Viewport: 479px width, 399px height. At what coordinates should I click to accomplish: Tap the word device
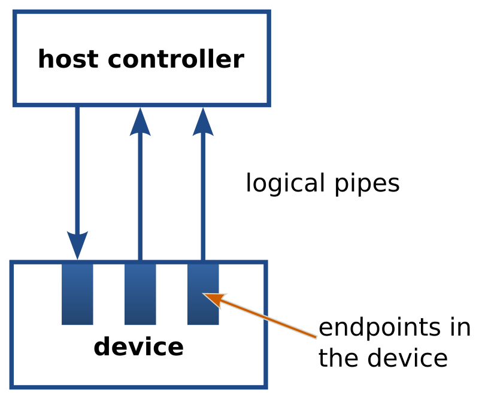click(138, 347)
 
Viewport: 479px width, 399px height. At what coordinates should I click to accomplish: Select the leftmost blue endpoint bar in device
click(77, 294)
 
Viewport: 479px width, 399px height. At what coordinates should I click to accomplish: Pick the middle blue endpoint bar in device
click(140, 294)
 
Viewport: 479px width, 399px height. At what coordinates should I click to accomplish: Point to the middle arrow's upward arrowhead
click(140, 122)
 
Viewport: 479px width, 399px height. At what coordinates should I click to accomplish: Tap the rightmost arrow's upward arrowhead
click(203, 122)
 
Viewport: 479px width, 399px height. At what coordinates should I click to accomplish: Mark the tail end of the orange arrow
click(315, 337)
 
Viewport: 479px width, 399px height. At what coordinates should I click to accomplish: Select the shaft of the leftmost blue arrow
click(77, 173)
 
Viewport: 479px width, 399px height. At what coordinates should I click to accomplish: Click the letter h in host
click(45, 60)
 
